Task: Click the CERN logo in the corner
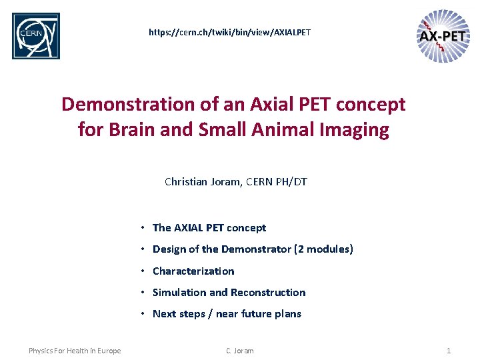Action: (x=36, y=36)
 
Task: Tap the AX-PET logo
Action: (x=443, y=36)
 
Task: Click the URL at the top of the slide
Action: (x=229, y=32)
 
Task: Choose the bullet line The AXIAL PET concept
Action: (x=209, y=228)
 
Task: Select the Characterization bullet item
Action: (x=193, y=271)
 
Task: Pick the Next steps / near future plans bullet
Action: (x=227, y=314)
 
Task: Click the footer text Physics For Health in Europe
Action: (x=75, y=351)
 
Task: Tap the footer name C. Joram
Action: (x=239, y=351)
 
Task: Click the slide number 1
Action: (x=449, y=351)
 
